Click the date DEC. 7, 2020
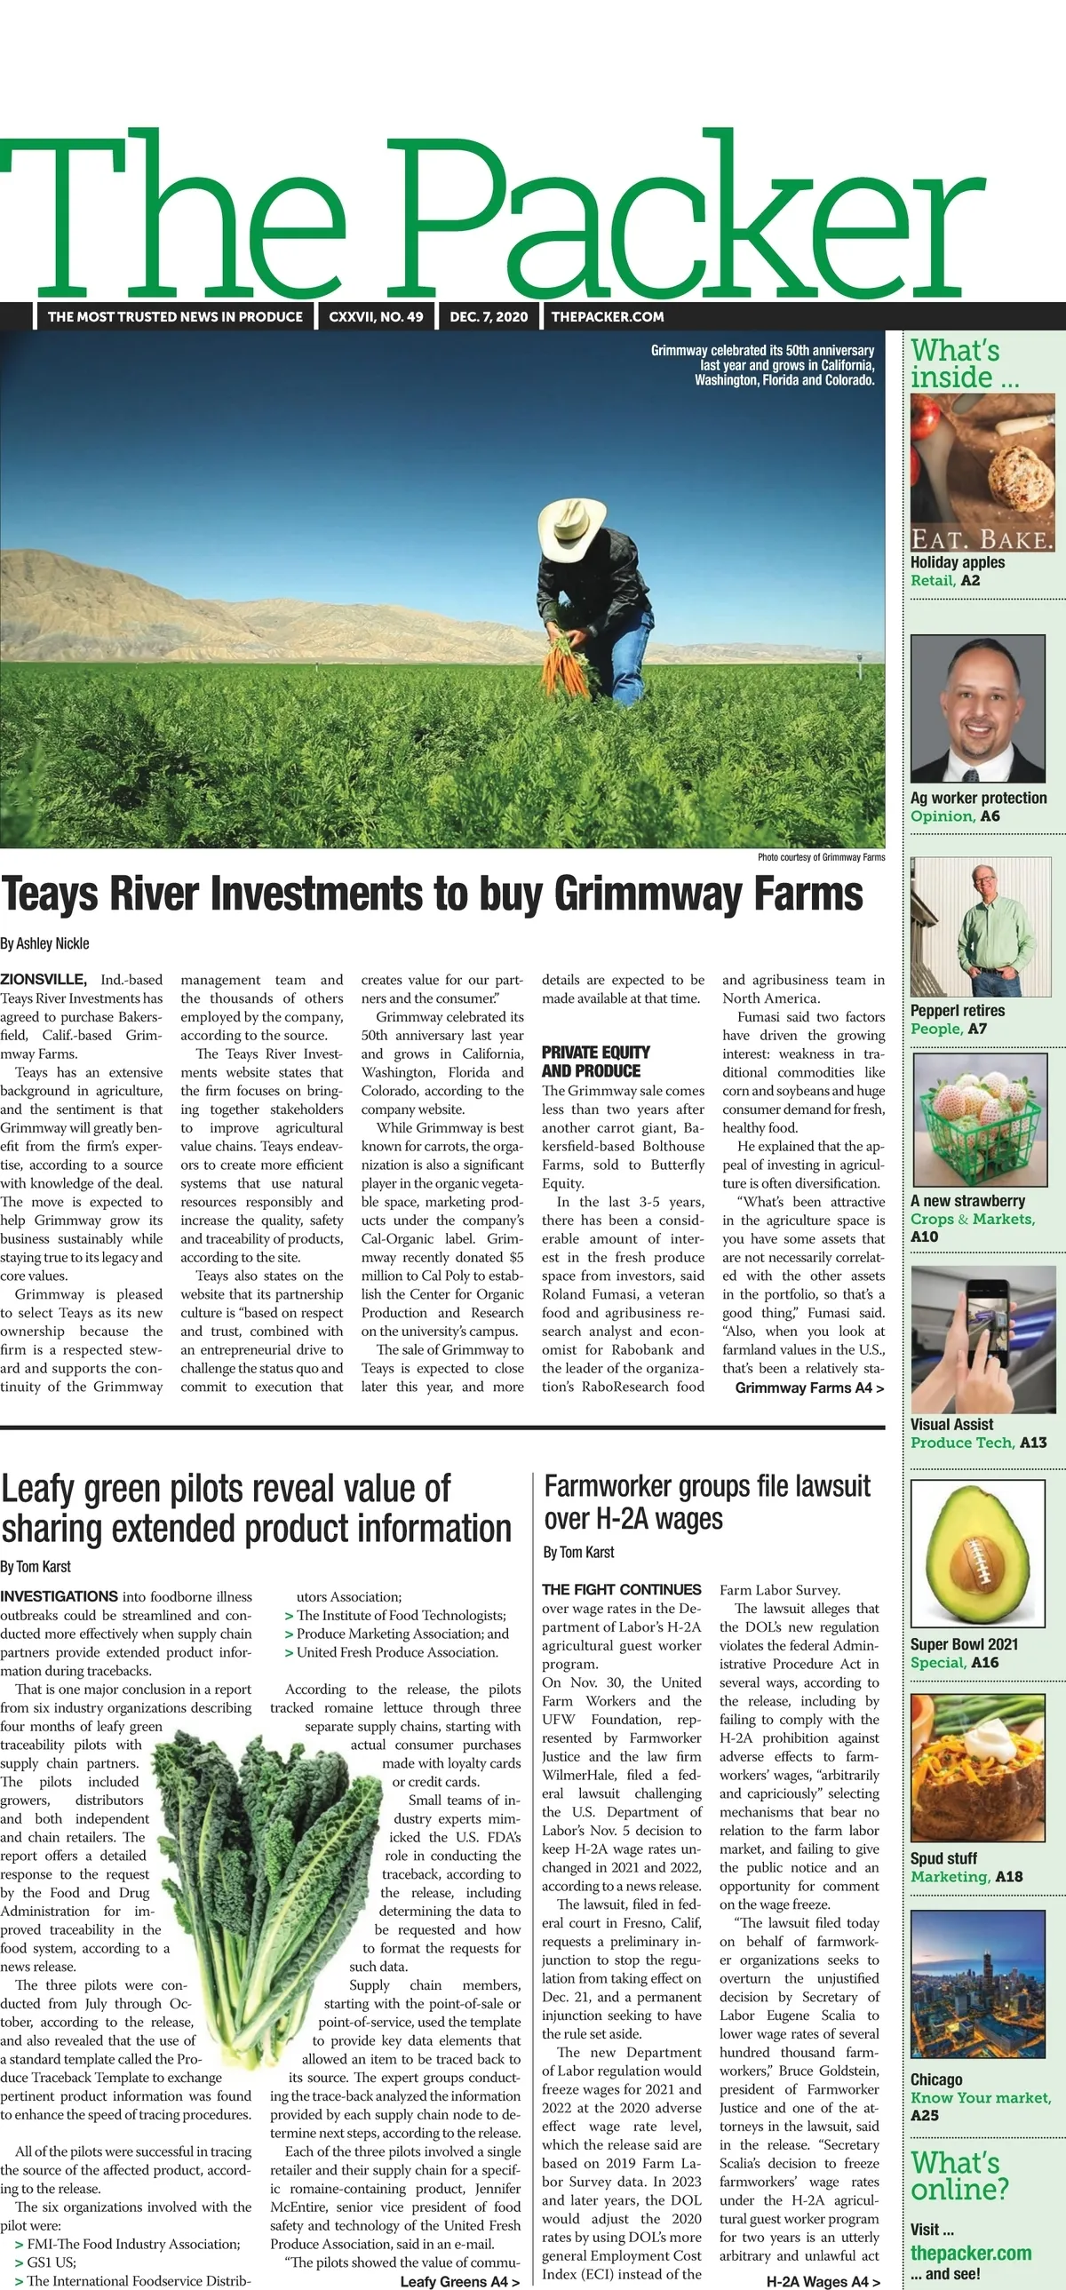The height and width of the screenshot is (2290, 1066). pyautogui.click(x=488, y=316)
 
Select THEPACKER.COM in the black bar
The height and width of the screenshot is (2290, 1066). pyautogui.click(x=608, y=316)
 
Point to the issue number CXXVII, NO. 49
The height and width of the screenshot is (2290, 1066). pyautogui.click(x=376, y=316)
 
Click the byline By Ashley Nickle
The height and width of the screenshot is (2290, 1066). pyautogui.click(x=45, y=943)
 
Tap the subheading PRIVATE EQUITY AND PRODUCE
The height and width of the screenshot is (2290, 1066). pyautogui.click(x=596, y=1062)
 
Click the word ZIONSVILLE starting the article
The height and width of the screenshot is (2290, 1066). pyautogui.click(x=44, y=980)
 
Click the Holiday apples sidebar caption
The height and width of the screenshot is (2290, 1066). pyautogui.click(x=958, y=561)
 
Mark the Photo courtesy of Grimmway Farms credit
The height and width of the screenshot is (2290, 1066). pyautogui.click(x=821, y=857)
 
